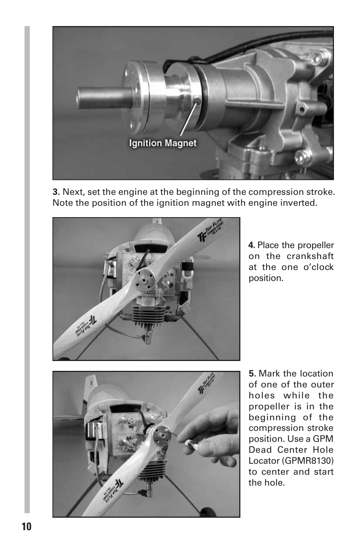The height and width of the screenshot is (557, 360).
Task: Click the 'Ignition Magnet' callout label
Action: tap(163, 143)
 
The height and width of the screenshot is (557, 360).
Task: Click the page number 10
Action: tap(27, 526)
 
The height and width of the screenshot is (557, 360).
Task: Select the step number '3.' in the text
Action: tap(56, 192)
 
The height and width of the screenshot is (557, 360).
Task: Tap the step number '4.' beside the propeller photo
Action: tap(252, 245)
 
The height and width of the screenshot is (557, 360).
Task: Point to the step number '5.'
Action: tap(252, 374)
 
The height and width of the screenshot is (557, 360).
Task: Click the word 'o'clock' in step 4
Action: tap(318, 267)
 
